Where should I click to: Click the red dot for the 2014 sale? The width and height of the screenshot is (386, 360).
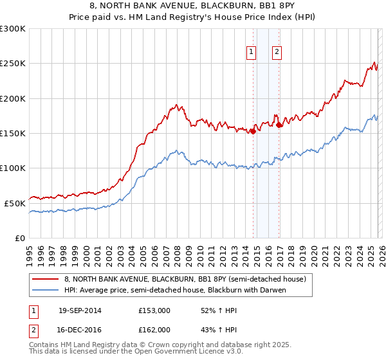pyautogui.click(x=253, y=132)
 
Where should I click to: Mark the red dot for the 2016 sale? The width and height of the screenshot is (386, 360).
pyautogui.click(x=279, y=125)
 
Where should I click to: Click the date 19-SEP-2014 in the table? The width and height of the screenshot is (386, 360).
pyautogui.click(x=80, y=310)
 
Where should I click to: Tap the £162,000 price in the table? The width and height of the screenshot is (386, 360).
pyautogui.click(x=154, y=329)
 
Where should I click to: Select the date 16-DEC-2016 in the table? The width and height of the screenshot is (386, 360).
pyautogui.click(x=80, y=329)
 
